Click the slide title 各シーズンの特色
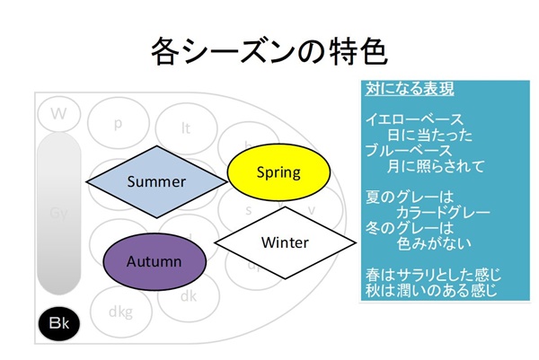(x=269, y=51)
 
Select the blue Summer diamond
(x=155, y=181)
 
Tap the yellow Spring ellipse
(x=278, y=171)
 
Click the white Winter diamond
(x=284, y=242)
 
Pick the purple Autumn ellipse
(x=154, y=262)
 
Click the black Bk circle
(x=59, y=322)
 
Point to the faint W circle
(x=59, y=114)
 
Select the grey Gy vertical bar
(x=59, y=214)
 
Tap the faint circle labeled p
(x=119, y=124)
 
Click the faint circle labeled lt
(x=186, y=127)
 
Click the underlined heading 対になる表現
(x=409, y=90)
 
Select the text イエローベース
(x=414, y=119)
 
